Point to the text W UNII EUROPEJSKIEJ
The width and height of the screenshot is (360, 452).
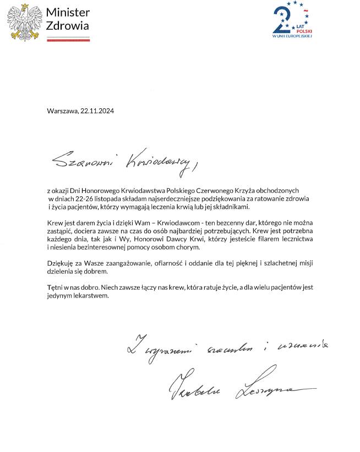point(292,36)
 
